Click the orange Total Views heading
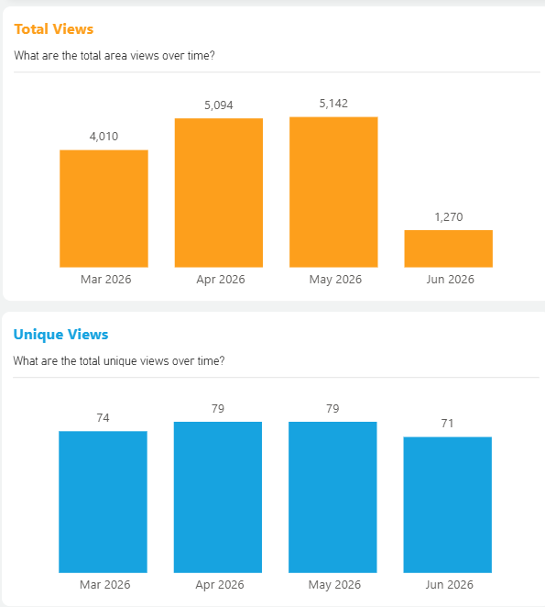point(54,29)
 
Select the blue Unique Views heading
point(60,335)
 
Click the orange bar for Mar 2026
point(104,209)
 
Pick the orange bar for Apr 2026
point(219,193)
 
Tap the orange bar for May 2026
point(333,192)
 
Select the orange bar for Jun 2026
point(449,248)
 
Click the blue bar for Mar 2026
point(103,502)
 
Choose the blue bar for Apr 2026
point(218,497)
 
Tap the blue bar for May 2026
point(332,497)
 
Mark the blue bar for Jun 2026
point(448,505)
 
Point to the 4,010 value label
point(104,137)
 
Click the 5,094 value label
point(219,105)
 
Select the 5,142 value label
point(333,104)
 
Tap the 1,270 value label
point(449,216)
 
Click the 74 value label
point(103,418)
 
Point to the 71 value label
point(448,423)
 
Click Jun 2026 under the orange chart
point(451,279)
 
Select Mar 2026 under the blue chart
point(104,585)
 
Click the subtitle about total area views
point(114,56)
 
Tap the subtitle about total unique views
point(119,361)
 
